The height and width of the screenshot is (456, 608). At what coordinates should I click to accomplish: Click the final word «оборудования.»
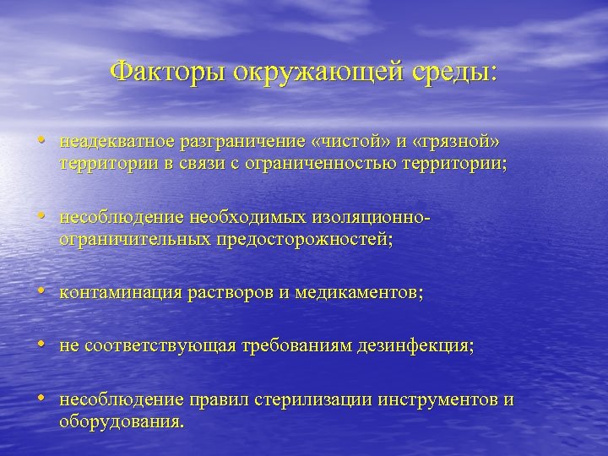tap(121, 421)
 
